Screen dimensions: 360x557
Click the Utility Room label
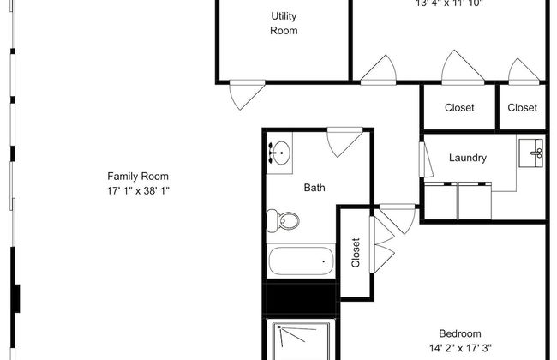[284, 24]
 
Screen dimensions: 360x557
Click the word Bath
[314, 188]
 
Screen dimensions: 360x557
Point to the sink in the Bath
[279, 153]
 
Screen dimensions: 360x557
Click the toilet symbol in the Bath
[283, 221]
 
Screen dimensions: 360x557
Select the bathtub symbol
[300, 261]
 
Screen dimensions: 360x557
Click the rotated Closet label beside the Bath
[356, 253]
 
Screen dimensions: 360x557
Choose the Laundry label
[468, 158]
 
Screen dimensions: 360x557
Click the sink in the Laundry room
[536, 155]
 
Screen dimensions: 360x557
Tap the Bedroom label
[460, 333]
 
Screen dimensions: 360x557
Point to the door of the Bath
[344, 142]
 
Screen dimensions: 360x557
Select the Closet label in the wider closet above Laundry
[459, 108]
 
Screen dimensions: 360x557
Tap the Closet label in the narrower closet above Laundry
[522, 108]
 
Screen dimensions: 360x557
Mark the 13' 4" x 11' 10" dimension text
[449, 3]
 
